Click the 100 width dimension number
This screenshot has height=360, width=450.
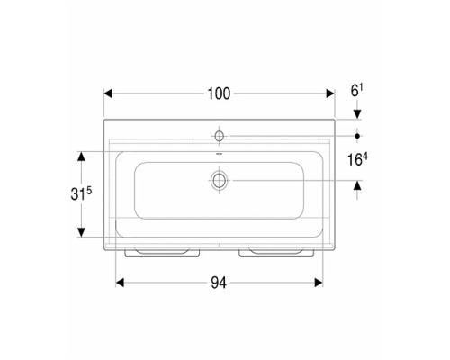tap(219, 94)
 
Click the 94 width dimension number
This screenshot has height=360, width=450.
tap(219, 283)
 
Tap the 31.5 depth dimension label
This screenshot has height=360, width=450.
tap(81, 193)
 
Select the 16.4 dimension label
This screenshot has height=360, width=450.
tap(357, 159)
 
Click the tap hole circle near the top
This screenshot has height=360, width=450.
tap(220, 136)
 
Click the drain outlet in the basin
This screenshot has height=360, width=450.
tap(220, 181)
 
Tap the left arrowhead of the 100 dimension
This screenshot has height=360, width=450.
tap(108, 94)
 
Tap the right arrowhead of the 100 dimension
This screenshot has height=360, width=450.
tap(330, 94)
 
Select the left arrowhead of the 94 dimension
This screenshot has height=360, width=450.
tap(120, 283)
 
